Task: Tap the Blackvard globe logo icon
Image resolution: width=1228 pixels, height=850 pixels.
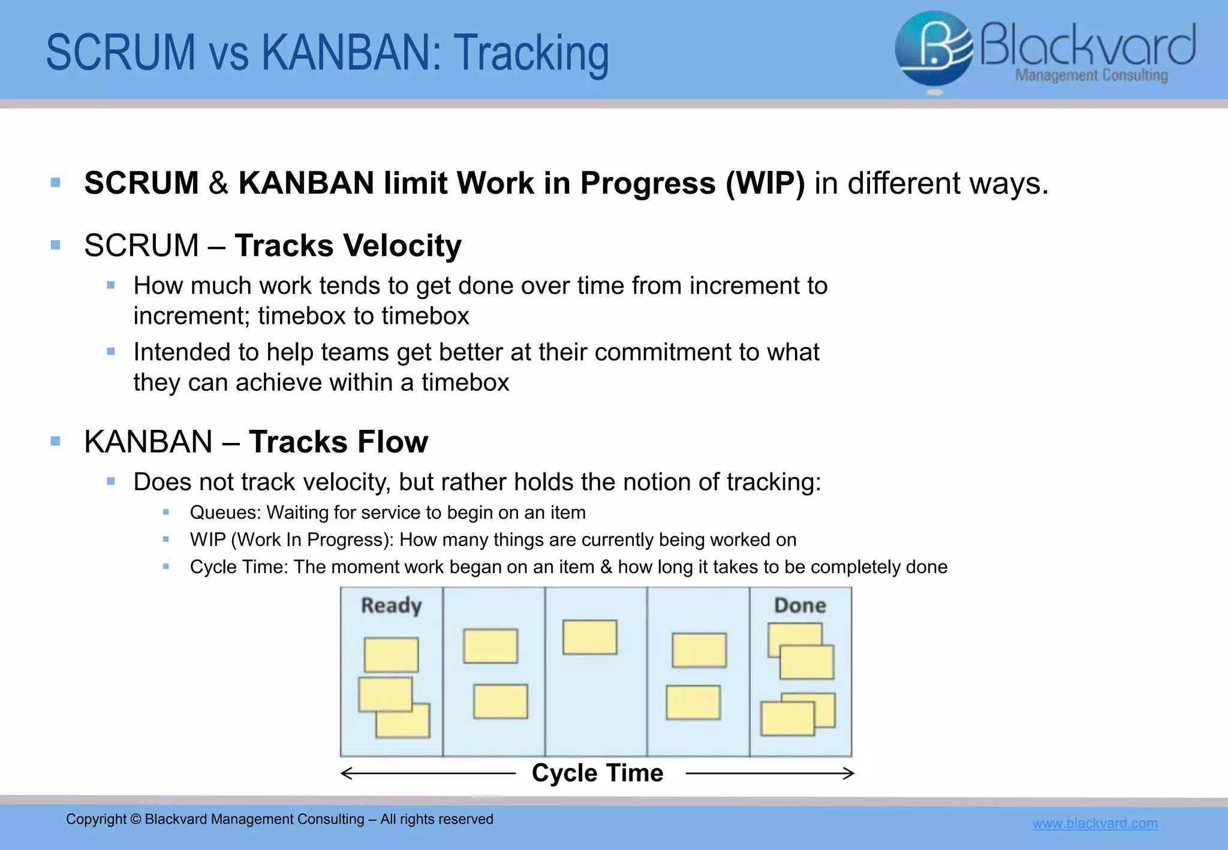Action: click(x=933, y=49)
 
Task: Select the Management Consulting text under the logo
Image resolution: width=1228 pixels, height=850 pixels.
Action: click(x=1091, y=76)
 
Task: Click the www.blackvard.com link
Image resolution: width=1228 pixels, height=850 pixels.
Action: click(x=1095, y=823)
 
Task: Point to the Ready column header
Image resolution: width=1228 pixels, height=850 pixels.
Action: click(x=391, y=605)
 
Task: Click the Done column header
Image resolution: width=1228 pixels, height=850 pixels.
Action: click(x=800, y=605)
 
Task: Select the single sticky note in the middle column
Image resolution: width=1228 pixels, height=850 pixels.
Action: click(x=589, y=637)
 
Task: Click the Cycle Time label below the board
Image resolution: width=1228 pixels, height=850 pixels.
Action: click(x=597, y=773)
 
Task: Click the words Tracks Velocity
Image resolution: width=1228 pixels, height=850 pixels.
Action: click(x=348, y=246)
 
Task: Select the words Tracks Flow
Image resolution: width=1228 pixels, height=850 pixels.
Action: click(x=338, y=442)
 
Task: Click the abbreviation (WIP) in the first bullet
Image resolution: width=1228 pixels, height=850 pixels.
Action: click(x=765, y=183)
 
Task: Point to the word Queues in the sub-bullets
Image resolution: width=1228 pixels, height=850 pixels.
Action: click(x=225, y=513)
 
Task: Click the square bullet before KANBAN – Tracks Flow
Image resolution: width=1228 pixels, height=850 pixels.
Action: click(x=56, y=442)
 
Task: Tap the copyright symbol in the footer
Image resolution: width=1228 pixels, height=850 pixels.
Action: click(x=136, y=819)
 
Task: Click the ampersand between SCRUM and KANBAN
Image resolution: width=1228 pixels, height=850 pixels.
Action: click(x=218, y=183)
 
